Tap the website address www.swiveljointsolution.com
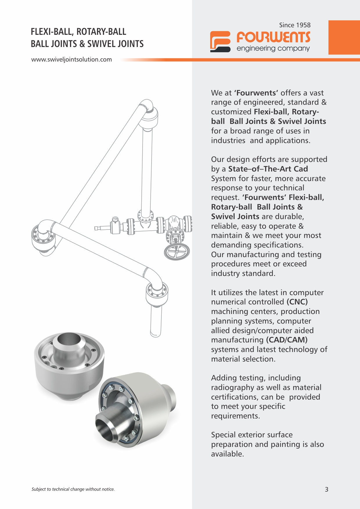(x=71, y=59)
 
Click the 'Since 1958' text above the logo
(x=295, y=25)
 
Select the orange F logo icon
(x=220, y=41)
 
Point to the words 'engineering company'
(x=273, y=48)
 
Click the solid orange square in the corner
(x=344, y=37)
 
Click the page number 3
(x=326, y=490)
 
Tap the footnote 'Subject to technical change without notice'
(x=73, y=489)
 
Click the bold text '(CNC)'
(x=297, y=302)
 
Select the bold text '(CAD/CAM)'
(x=287, y=340)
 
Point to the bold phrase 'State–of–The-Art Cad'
(x=268, y=169)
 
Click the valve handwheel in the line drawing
(x=177, y=252)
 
